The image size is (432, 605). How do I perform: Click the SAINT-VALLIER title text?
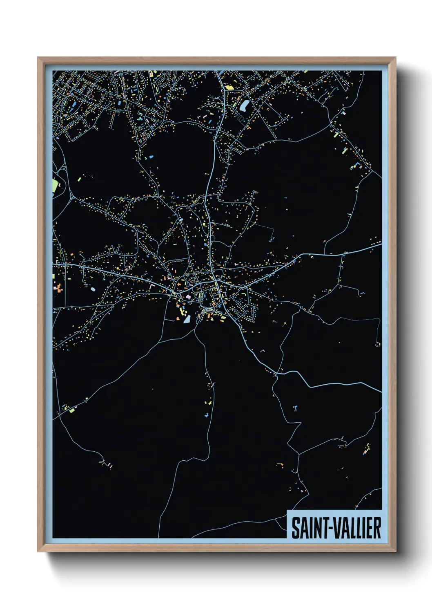click(336, 528)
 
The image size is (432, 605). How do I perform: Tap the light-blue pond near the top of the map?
click(245, 106)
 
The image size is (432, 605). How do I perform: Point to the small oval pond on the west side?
click(93, 289)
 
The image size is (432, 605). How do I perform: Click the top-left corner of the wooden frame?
click(38, 58)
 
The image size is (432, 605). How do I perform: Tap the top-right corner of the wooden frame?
click(395, 58)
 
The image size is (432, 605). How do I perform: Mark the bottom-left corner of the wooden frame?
click(38, 551)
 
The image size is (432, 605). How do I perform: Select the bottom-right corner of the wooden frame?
click(395, 551)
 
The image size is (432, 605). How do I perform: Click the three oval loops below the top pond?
click(241, 119)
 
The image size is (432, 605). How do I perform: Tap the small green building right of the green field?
click(80, 179)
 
